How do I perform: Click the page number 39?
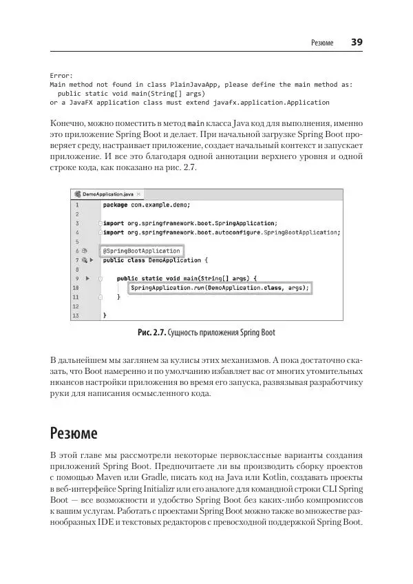coord(357,42)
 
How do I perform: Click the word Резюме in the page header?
coord(321,43)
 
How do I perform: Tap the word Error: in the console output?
coord(61,75)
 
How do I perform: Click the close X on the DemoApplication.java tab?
coord(138,194)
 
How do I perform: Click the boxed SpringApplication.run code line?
coord(220,287)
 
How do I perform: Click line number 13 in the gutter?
coord(76,315)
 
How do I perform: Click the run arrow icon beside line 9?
coord(87,278)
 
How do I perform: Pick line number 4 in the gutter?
coord(77,233)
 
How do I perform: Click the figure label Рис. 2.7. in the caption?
coord(153,333)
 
